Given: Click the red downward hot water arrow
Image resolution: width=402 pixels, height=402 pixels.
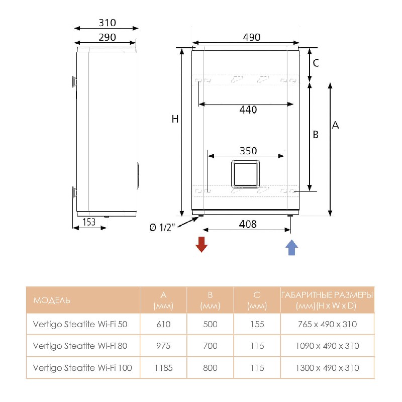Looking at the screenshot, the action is click(202, 244).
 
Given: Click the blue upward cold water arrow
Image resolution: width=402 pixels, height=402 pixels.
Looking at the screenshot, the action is click(291, 247).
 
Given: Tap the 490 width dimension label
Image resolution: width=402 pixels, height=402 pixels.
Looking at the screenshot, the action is click(252, 37).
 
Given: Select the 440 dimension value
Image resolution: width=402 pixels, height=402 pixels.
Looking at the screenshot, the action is click(248, 110).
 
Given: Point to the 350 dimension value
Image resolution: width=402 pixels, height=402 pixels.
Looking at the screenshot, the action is click(248, 151).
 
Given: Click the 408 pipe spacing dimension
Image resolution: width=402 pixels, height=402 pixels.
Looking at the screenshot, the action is click(248, 224).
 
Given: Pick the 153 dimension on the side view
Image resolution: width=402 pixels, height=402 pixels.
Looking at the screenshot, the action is click(89, 222).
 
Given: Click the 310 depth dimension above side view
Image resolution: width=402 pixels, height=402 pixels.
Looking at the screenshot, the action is click(107, 23).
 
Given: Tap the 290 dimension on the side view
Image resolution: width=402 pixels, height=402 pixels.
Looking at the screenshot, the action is click(107, 37).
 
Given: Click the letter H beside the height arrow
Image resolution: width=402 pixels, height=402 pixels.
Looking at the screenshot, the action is click(175, 119).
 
